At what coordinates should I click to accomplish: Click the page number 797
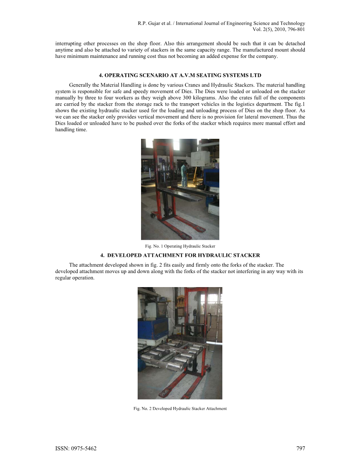300,448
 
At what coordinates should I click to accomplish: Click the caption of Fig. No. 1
180,246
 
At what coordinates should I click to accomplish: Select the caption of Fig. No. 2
180,409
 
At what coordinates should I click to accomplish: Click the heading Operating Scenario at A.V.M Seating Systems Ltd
180,75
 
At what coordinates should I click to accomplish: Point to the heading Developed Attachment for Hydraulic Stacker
180,255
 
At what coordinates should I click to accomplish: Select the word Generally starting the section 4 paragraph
79,85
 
